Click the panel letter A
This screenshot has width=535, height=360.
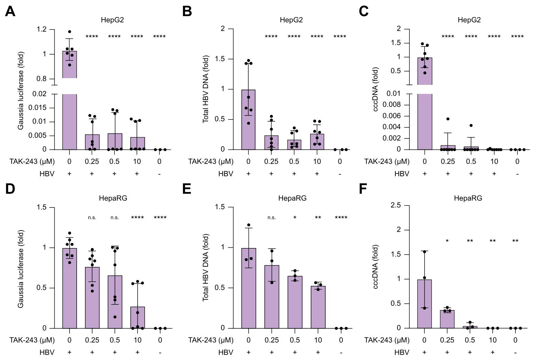pos(10,12)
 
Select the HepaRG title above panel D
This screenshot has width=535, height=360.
pos(112,198)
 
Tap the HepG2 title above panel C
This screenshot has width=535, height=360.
pos(469,20)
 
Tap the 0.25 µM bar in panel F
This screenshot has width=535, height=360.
pos(447,319)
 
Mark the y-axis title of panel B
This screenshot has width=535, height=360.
pos(206,90)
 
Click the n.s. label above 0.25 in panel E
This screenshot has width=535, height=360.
pos(272,217)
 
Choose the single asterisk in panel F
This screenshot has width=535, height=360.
pos(447,241)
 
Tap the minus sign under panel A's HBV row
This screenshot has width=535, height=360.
pos(160,174)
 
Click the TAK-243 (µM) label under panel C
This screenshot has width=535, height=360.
pos(387,161)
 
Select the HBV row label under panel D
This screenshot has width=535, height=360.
pos(47,352)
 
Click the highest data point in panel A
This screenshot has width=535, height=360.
pos(69,32)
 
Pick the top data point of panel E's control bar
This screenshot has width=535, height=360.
pos(249,225)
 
